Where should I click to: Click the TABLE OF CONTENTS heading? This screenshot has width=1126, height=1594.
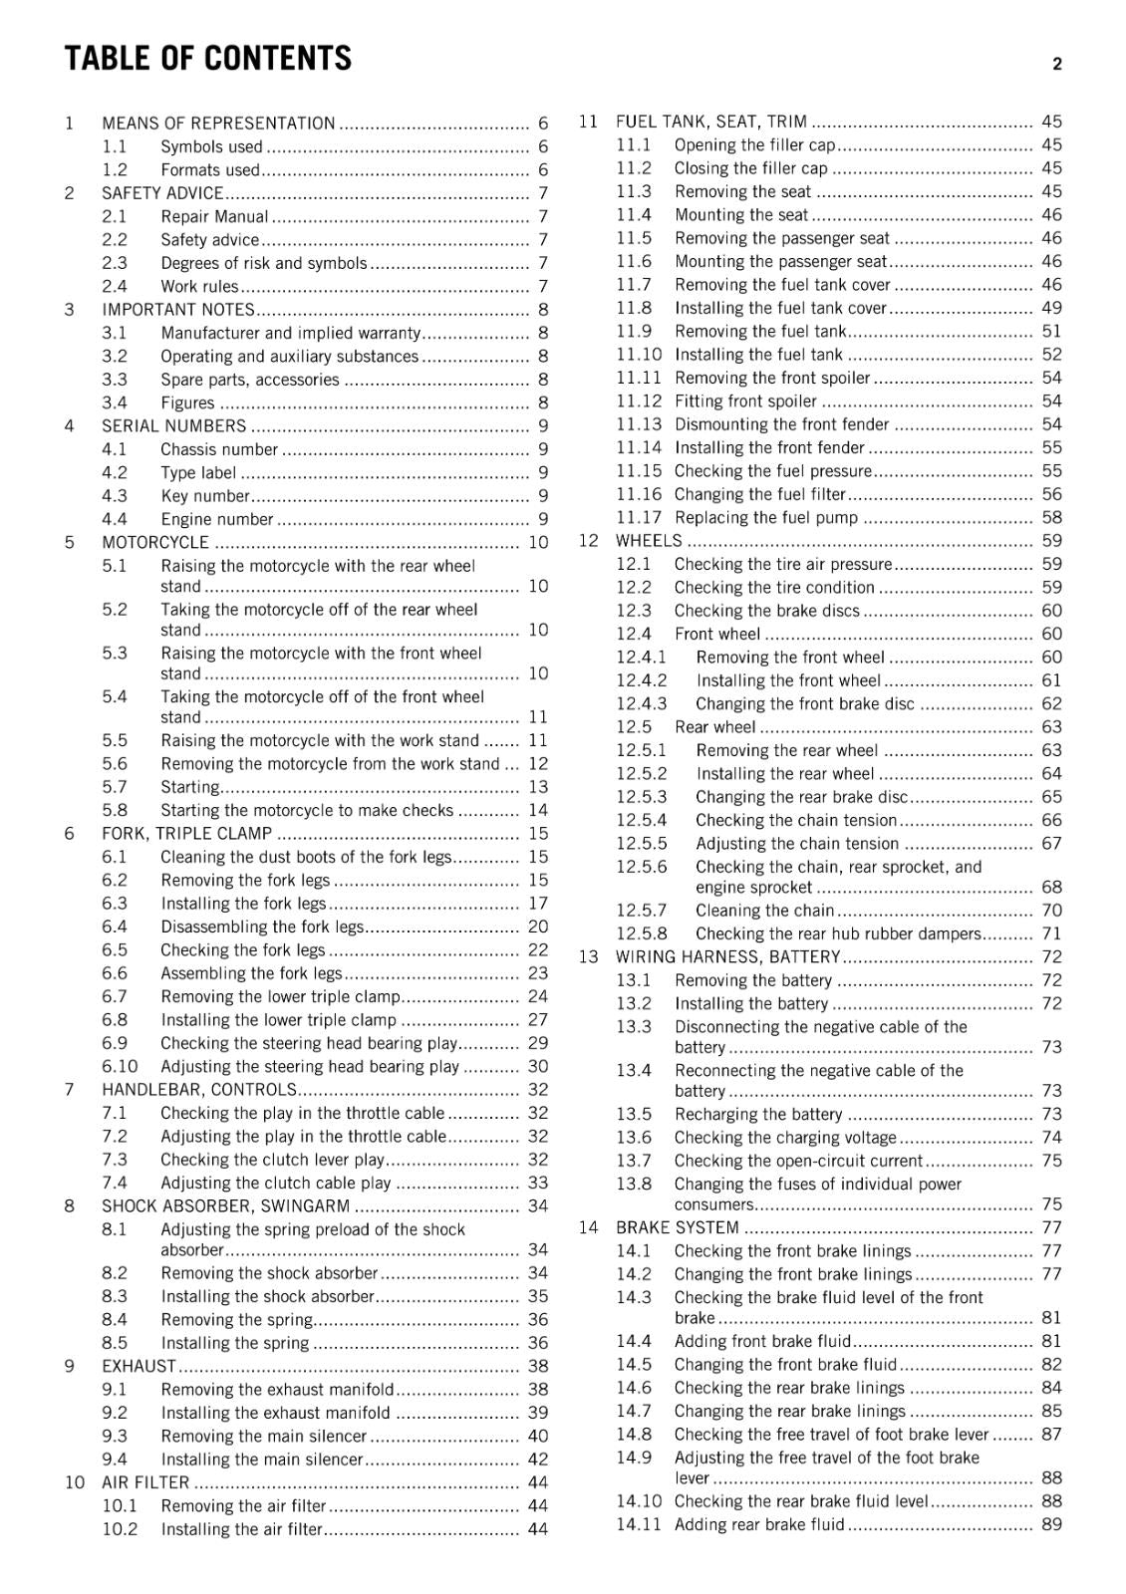(207, 59)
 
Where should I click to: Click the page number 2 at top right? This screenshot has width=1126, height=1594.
(1056, 64)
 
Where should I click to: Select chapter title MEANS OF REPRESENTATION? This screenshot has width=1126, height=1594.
(218, 124)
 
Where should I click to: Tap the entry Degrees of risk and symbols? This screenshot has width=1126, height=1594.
(263, 263)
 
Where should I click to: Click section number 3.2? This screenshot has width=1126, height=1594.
(115, 356)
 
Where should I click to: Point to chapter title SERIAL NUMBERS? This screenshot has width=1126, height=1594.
(173, 425)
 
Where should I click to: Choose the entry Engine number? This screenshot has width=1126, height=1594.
(216, 519)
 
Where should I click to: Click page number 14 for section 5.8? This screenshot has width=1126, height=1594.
(538, 810)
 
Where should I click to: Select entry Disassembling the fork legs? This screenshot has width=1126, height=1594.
(262, 927)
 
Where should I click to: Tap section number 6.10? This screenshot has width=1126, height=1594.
(120, 1066)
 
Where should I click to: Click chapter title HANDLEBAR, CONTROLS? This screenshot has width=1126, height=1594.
(199, 1090)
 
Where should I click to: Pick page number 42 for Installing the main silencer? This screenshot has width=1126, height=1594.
(538, 1460)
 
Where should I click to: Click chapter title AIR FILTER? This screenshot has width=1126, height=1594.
(145, 1482)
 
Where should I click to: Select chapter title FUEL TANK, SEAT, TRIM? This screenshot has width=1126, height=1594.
(710, 122)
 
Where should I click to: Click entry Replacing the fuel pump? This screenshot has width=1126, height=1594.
(765, 517)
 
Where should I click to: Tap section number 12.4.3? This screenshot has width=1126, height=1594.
(642, 703)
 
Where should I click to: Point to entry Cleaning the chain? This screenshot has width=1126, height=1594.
(764, 910)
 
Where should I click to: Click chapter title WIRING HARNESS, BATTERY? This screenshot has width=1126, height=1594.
(727, 956)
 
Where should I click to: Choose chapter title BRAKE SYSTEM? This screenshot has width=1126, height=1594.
(677, 1227)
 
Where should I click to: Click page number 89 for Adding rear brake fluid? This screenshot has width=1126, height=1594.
(1051, 1524)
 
